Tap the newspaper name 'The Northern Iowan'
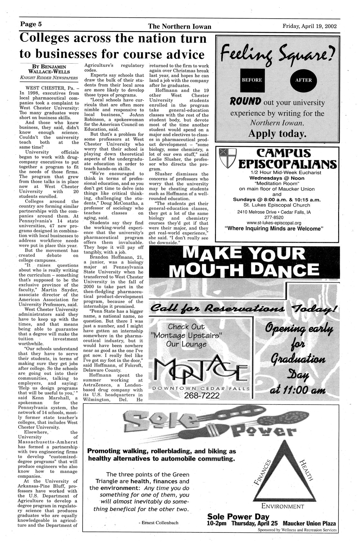point(180,27)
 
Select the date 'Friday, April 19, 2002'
point(310,26)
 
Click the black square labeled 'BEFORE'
point(252,80)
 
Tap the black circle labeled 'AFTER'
point(303,80)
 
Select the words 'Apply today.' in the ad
point(277,133)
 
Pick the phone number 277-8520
point(277,217)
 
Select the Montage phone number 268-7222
point(202,395)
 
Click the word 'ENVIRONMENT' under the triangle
point(283,506)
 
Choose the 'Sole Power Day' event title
point(238,517)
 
